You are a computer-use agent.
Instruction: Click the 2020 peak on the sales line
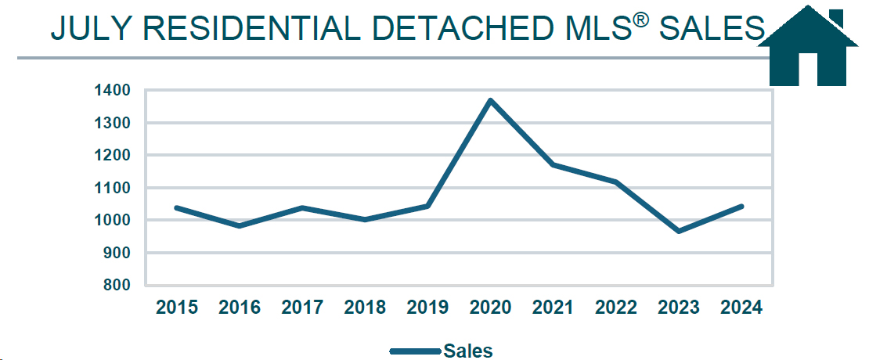point(491,100)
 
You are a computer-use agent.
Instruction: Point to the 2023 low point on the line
point(679,231)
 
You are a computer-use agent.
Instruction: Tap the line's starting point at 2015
point(177,207)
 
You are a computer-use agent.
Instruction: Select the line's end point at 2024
point(741,207)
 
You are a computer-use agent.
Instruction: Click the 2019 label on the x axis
point(427,308)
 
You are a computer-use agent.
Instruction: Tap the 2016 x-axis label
point(240,308)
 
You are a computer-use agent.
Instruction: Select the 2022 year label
point(616,308)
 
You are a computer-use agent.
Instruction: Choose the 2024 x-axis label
point(741,308)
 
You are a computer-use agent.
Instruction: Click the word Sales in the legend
point(468,351)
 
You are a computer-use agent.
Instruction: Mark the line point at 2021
point(553,164)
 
